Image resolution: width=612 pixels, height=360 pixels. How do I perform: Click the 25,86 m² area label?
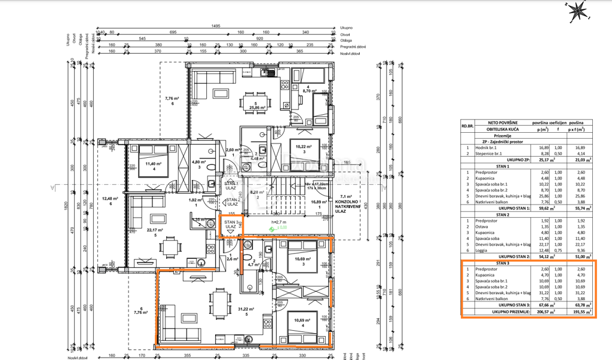(x=258, y=108)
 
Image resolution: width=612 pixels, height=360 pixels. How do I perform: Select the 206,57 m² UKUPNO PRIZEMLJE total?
(x=541, y=311)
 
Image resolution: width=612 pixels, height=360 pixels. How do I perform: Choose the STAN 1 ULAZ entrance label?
(x=231, y=185)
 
